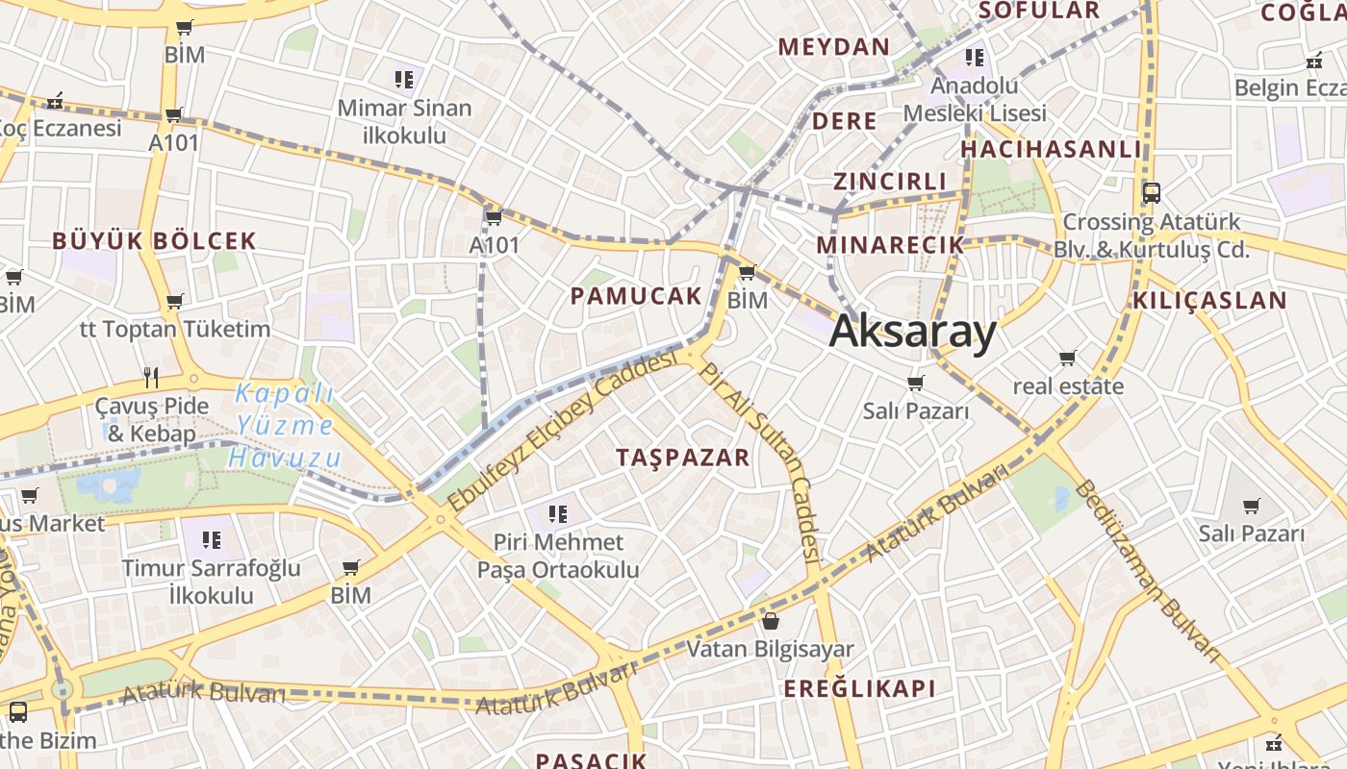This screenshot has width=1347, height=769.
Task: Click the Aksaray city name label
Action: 912,332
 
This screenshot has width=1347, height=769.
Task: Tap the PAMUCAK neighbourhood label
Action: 636,296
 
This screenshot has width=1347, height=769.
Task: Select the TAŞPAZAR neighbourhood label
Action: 683,458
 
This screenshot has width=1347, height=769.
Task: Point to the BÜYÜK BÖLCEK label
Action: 154,241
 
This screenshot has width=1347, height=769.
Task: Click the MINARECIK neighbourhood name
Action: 890,245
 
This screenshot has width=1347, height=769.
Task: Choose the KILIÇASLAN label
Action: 1209,300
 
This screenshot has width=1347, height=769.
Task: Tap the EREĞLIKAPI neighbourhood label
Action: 859,688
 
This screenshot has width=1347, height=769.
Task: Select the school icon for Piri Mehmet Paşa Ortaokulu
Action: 558,514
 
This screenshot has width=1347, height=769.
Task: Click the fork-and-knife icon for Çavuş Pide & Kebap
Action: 150,377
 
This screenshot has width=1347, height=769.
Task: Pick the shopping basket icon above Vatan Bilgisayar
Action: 770,621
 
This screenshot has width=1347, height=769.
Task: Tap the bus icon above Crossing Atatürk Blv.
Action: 1151,192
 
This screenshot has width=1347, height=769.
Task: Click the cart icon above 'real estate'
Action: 1067,359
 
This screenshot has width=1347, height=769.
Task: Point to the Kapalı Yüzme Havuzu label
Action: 284,425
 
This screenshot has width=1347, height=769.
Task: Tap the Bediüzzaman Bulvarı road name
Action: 1150,572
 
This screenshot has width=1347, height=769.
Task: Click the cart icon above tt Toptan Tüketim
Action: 174,302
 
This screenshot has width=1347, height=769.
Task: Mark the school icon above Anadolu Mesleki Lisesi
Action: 975,58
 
